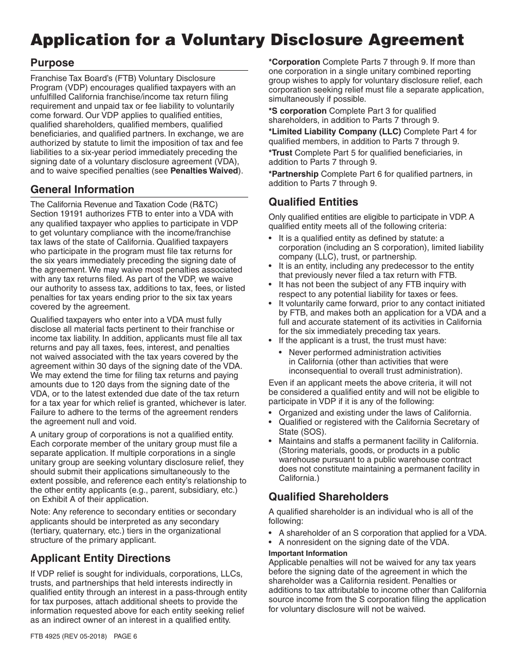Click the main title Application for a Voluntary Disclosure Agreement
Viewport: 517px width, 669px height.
(x=247, y=40)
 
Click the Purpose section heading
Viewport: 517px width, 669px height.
(x=52, y=63)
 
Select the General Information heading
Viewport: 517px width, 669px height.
(x=82, y=189)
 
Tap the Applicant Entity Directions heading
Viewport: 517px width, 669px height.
(x=100, y=558)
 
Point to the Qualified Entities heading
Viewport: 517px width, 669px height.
(x=313, y=202)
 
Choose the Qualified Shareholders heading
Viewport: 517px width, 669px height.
(x=328, y=497)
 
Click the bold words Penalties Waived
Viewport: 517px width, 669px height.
(x=204, y=171)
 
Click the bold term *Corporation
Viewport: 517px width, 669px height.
(x=294, y=62)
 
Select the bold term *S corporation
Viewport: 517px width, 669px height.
(x=298, y=111)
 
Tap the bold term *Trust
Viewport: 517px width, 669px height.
(x=280, y=153)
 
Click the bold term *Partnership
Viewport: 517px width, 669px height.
(x=293, y=174)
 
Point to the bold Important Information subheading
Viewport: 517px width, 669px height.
(x=307, y=553)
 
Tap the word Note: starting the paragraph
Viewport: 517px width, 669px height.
(x=40, y=512)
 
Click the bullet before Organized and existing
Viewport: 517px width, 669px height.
(x=272, y=413)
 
